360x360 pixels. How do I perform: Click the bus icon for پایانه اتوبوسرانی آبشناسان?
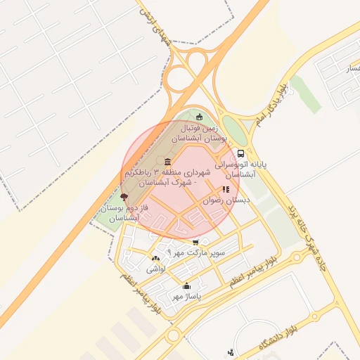click(242, 153)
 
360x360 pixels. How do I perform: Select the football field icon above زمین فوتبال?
click(200, 117)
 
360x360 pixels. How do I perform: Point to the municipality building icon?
click(167, 162)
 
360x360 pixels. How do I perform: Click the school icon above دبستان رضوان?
click(226, 189)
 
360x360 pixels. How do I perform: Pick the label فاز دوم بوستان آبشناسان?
click(120, 213)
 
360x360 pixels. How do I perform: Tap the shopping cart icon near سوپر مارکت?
click(195, 243)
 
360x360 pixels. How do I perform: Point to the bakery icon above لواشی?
click(155, 259)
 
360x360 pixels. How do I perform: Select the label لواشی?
click(155, 269)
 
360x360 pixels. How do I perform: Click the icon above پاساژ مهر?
click(186, 286)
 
